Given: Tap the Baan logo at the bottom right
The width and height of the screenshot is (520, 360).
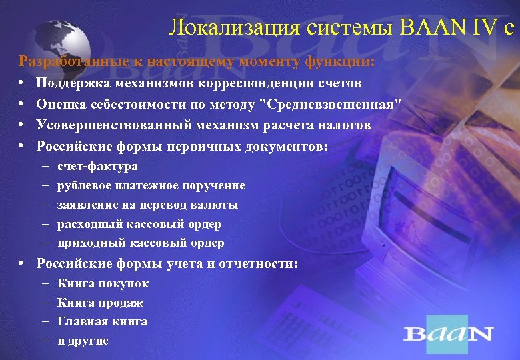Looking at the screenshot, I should click(448, 333).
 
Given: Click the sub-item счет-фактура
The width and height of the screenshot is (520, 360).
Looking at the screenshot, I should click(97, 166).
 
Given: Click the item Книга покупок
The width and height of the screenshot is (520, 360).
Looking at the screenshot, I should click(103, 283).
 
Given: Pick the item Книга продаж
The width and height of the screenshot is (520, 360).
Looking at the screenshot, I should click(100, 303).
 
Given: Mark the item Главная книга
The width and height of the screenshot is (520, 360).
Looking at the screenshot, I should click(102, 321).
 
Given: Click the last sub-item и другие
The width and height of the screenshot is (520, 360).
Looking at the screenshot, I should click(83, 341).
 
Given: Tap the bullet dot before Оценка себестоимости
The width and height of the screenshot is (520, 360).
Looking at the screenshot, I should click(22, 105).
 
